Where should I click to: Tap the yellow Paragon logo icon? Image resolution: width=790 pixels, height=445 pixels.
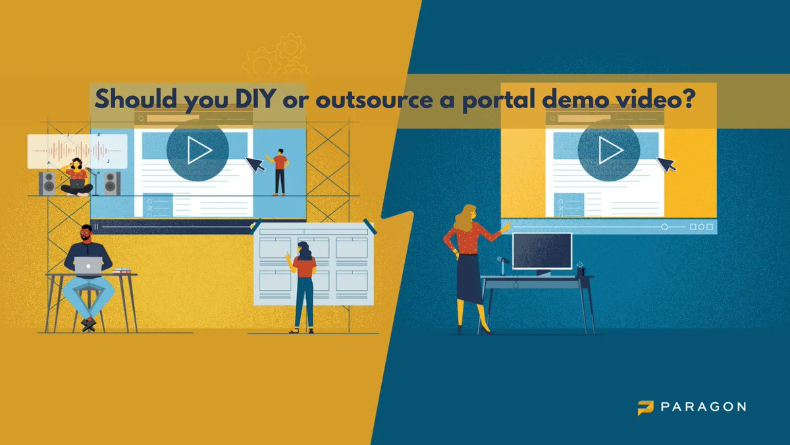[x=645, y=407]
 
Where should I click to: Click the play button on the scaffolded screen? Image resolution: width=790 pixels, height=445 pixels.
[x=197, y=150]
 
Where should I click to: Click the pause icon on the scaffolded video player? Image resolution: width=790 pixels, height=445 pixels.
[x=96, y=226]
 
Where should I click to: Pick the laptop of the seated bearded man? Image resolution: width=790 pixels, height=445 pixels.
[x=88, y=266]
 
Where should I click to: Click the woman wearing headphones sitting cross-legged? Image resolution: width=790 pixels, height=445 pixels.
[x=76, y=177]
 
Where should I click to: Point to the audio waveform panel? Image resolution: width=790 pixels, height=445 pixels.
[x=77, y=151]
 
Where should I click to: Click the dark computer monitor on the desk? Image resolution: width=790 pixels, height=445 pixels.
[x=542, y=251]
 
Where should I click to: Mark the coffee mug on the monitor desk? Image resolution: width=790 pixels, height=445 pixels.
[x=580, y=270]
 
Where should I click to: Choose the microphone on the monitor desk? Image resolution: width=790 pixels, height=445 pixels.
[x=502, y=264]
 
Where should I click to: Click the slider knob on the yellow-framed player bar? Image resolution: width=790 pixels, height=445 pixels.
[x=664, y=227]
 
